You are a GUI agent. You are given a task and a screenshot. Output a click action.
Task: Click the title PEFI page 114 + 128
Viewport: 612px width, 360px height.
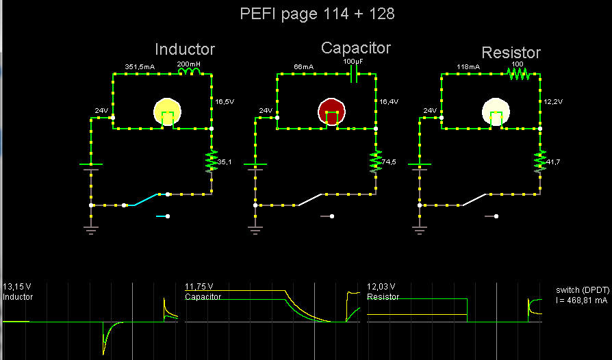pos(317,14)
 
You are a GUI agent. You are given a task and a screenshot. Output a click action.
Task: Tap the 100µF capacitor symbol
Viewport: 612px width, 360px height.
pos(354,75)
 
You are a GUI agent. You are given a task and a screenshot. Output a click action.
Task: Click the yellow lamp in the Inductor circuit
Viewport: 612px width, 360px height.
pos(167,112)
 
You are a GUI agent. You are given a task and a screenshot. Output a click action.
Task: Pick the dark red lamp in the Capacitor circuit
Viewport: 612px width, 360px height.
pos(332,112)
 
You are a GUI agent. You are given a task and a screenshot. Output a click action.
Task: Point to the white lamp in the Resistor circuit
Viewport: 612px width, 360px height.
pos(496,112)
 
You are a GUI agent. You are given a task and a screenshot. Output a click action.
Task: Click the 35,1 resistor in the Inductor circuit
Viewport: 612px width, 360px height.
pos(212,162)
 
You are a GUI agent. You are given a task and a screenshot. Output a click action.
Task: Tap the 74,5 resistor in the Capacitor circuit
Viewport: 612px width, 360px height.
pos(376,162)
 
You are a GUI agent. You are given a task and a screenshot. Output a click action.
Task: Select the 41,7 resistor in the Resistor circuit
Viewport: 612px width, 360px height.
pos(540,162)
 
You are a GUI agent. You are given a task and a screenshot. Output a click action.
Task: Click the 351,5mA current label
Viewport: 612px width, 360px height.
pos(139,66)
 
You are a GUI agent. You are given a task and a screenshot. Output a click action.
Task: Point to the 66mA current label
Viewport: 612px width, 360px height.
pos(303,66)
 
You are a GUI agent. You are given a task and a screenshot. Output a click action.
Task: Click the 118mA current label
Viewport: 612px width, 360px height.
pos(468,66)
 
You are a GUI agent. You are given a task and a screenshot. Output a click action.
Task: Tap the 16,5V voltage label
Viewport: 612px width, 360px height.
pos(224,101)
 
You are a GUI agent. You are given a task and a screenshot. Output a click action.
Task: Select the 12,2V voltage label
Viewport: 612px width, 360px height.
pos(552,101)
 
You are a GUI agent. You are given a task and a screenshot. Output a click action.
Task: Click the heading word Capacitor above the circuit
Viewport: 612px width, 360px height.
pos(356,48)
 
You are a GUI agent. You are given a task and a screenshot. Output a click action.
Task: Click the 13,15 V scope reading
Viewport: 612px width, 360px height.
pos(17,286)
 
